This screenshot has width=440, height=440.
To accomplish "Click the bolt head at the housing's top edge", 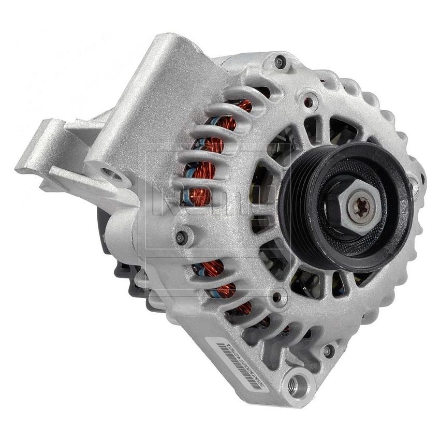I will pos(280,62).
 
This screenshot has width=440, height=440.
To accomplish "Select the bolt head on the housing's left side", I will pos(181,237).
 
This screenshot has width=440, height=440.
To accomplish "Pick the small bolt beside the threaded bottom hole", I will pos(327,350).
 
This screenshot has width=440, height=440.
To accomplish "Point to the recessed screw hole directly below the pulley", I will pos(280,297).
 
